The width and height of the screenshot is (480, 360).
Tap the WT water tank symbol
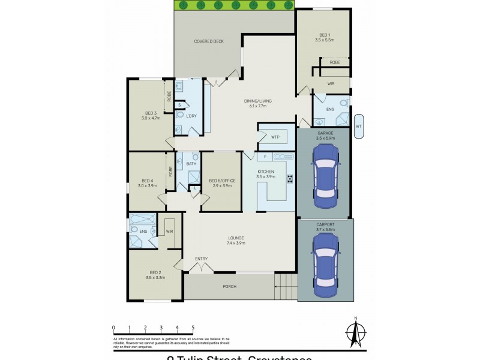tap(359, 126)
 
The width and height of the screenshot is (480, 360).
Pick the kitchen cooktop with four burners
tap(289, 179)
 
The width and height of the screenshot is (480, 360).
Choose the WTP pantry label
tap(275, 137)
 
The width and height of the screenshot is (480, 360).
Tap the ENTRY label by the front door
tap(201, 259)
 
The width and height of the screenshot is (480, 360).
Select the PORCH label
tap(229, 286)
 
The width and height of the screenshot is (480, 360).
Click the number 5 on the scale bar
tap(193, 328)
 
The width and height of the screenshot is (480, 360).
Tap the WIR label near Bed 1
tap(331, 83)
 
